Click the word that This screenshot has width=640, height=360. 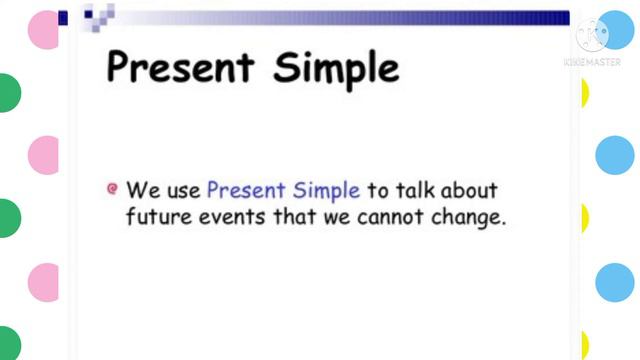point(293,216)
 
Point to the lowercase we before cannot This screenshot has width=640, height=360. point(336,217)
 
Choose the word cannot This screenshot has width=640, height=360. point(392,216)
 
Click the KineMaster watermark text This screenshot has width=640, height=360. point(592,62)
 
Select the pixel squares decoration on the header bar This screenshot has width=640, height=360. point(97,15)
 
